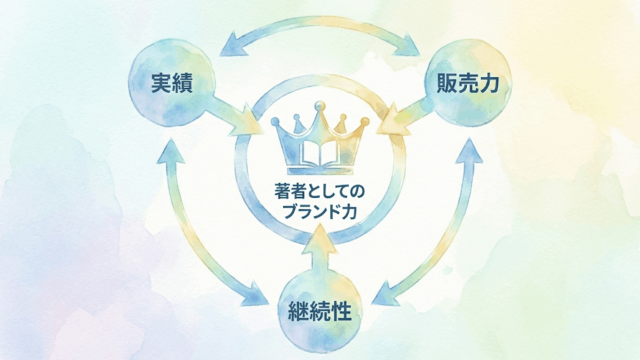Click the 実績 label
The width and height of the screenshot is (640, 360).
tap(171, 84)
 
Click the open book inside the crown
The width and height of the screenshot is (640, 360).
tap(320, 154)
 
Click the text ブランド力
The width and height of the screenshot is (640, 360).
tap(320, 211)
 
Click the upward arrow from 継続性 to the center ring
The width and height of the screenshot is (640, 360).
tap(320, 250)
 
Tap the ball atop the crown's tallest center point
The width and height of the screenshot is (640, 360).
tap(320, 104)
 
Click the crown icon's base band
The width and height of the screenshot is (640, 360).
tap(320, 169)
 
